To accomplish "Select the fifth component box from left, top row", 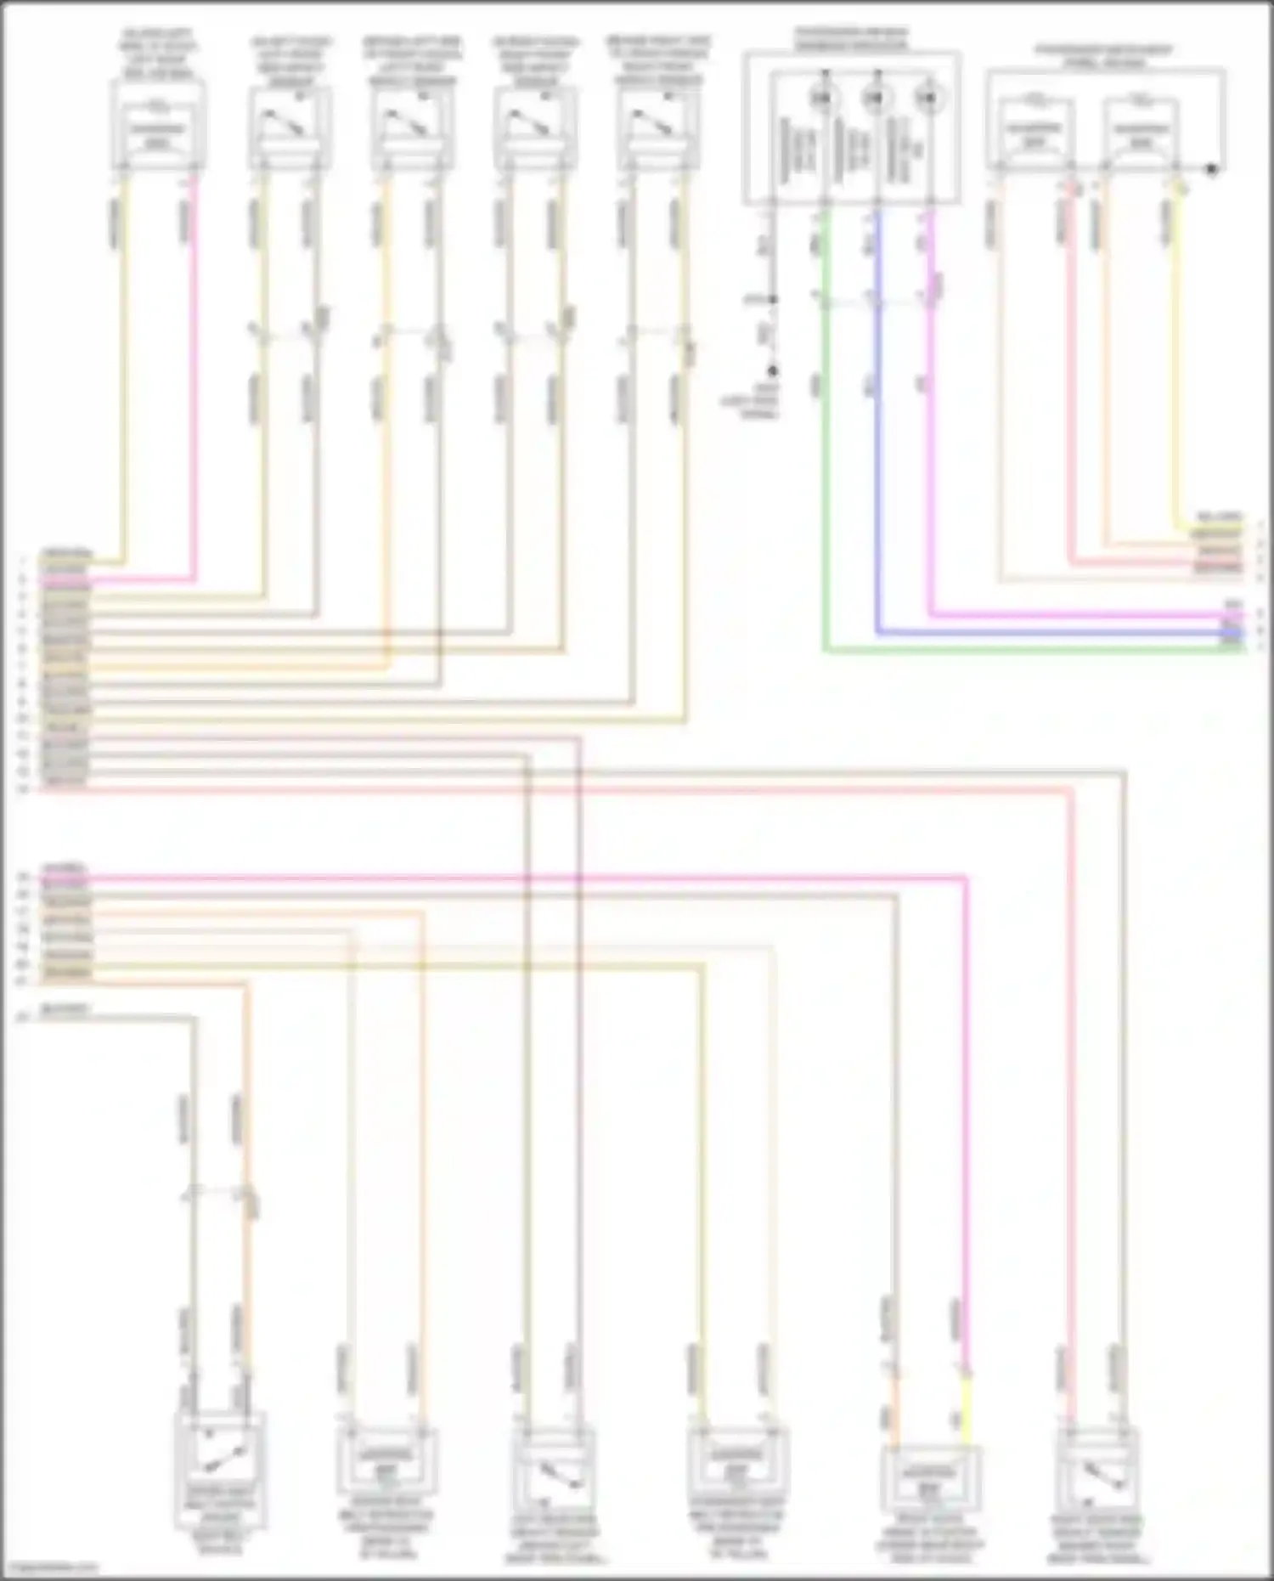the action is point(659,127).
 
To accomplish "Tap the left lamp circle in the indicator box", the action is point(821,99).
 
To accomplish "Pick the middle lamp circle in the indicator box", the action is point(874,99).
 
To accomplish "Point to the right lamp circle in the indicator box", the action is point(926,99).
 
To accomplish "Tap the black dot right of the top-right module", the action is point(1213,169).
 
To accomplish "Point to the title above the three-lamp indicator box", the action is point(851,38).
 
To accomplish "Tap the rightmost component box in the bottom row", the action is point(1102,1470).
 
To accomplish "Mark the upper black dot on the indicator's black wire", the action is point(772,299).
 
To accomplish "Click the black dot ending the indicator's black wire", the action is point(773,371).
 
